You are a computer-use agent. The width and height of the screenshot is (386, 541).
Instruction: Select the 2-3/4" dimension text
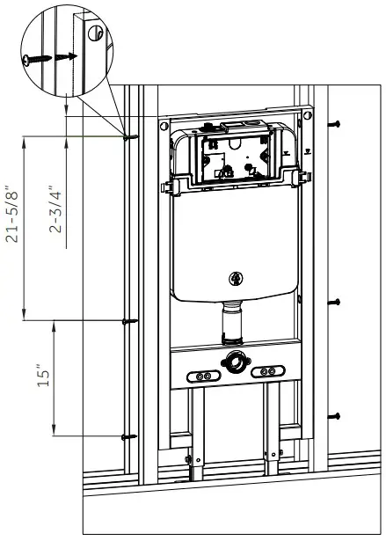pos(56,209)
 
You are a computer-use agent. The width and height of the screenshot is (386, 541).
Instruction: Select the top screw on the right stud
pos(335,124)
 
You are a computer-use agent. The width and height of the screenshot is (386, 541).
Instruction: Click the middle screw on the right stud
pos(335,302)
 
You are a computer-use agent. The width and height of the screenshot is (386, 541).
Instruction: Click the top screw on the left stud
pos(129,136)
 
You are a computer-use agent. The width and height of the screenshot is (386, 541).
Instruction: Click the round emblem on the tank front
pos(235,279)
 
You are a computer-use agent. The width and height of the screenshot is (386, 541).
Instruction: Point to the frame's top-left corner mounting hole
pos(164,126)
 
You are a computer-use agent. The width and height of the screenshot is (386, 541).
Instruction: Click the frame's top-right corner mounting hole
pos(308,114)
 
